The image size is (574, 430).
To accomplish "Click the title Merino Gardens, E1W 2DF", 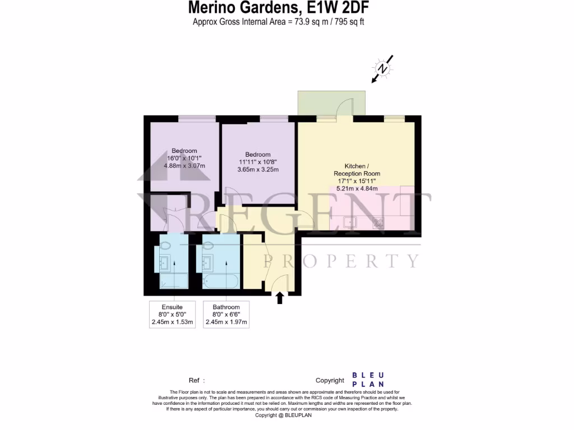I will coord(279,8).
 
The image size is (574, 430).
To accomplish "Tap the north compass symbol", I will coord(383,69).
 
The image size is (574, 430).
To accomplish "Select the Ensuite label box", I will coord(172,314).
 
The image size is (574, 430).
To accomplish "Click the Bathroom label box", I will coord(226,314).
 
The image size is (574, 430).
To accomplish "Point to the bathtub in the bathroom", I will coord(221,281).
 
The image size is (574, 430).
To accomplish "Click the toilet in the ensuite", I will coord(166,245).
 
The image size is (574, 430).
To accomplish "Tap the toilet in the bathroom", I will coord(209,245).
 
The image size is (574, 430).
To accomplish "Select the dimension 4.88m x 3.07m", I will coord(184,166).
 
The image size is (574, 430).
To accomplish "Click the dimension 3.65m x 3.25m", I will coord(258,170).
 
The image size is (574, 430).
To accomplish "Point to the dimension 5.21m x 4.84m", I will coord(357,189).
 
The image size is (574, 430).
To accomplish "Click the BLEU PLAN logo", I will coord(368,380).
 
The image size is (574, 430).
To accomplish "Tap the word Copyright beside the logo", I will coord(329,380).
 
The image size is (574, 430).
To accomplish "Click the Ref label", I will coord(193,380).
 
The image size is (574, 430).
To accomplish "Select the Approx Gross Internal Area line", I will coord(279,22).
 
